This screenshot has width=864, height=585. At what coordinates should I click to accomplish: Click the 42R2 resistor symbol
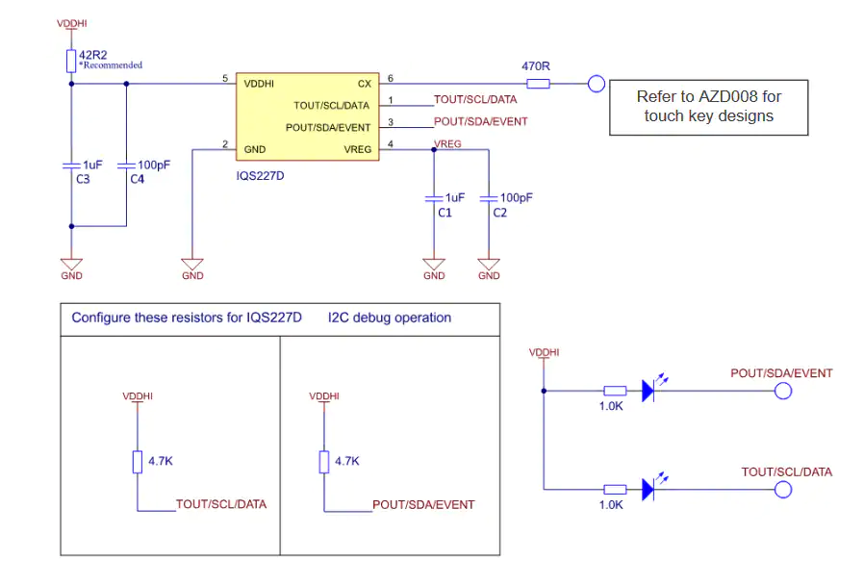coord(71,62)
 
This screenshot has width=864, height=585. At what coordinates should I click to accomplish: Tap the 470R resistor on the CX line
coord(538,84)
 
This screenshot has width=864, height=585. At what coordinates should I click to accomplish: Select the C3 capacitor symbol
coord(71,165)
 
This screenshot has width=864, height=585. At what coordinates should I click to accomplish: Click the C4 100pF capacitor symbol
coord(126,165)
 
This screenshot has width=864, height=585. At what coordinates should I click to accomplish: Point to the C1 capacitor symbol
coord(434,198)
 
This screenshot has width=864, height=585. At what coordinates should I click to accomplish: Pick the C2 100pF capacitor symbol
coord(489,198)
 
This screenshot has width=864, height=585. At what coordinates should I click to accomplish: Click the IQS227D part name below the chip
coord(260,176)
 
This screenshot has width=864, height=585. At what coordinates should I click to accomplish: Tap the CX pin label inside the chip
coord(365,84)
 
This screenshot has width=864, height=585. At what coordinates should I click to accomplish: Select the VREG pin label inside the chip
coord(358,149)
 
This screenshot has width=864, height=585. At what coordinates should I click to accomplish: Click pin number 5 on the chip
coord(225,78)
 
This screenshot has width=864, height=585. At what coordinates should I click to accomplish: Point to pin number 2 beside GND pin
coord(225,143)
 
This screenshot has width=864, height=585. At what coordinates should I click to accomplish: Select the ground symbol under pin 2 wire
coord(192,265)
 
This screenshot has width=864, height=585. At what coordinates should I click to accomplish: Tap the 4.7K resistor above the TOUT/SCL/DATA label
coord(138,462)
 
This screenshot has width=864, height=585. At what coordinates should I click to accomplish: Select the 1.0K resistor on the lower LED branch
coord(615,489)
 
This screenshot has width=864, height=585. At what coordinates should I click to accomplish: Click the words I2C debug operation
coord(390,318)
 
